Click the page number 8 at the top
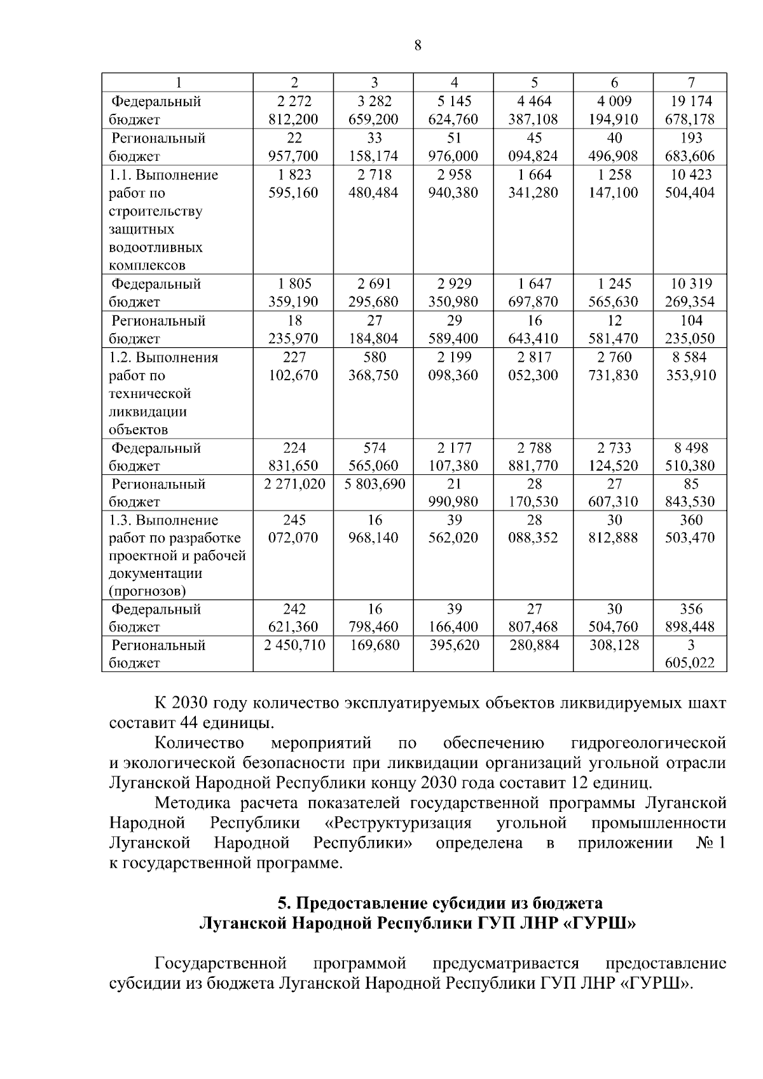tap(417, 45)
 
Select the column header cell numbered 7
tap(691, 83)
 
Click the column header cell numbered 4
tap(454, 83)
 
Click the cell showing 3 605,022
tap(690, 655)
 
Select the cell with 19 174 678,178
tap(690, 110)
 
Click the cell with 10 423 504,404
tap(690, 184)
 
